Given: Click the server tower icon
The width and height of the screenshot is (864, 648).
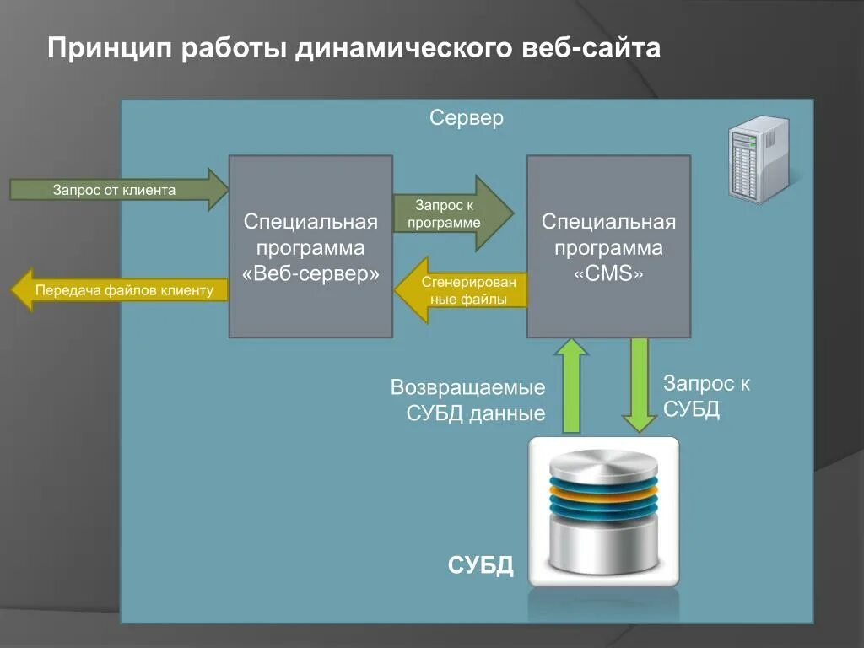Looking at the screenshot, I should tap(759, 159).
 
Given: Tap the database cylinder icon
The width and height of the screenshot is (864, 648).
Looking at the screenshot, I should tap(602, 512).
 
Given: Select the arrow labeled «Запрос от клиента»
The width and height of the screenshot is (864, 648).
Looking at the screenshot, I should tap(118, 190).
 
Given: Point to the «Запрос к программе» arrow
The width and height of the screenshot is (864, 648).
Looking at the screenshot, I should tap(452, 213).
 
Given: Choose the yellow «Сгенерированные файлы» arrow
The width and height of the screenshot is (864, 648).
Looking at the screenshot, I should tap(461, 289).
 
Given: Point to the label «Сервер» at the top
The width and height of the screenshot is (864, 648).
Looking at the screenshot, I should tap(467, 118).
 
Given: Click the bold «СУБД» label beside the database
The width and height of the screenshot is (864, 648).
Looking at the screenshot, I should tap(480, 564).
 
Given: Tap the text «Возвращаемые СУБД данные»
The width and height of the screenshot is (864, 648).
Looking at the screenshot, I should tap(467, 400).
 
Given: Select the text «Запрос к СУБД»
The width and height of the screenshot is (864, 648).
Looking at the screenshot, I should tap(706, 397).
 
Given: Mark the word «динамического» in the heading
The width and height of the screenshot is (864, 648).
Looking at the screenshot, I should tap(402, 47).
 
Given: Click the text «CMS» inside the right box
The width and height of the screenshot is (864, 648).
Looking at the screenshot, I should tap(608, 275).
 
